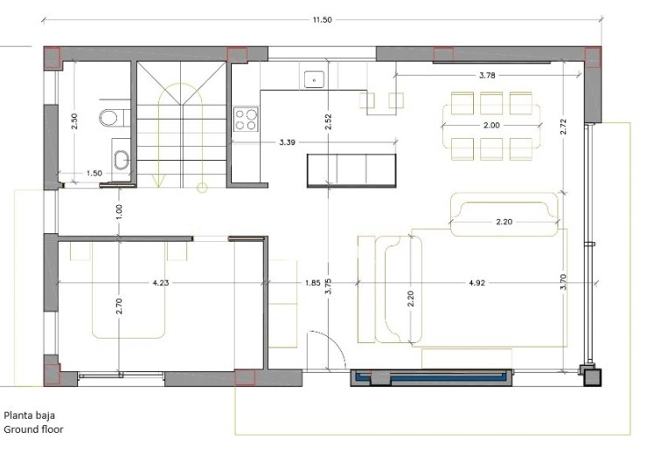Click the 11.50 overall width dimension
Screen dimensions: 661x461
point(322,19)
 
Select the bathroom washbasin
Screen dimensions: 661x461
point(122,161)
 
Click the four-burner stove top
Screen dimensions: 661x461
point(247,119)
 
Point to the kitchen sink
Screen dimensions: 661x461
point(314,79)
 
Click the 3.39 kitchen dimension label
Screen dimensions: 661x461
point(287,142)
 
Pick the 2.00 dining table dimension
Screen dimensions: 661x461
point(491,125)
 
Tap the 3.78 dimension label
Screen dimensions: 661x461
point(487,75)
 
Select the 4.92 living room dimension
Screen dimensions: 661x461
point(477,283)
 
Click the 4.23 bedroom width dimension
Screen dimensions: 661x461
point(161,283)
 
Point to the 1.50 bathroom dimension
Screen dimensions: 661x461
point(94,173)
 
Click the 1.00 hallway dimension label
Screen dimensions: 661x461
point(119,212)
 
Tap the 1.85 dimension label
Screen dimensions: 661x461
point(313,283)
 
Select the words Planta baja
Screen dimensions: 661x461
point(30,416)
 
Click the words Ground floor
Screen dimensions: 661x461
point(34,430)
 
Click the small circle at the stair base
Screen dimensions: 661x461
point(202,188)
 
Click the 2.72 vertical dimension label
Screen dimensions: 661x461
point(564,127)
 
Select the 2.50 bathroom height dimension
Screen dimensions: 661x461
point(74,121)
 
